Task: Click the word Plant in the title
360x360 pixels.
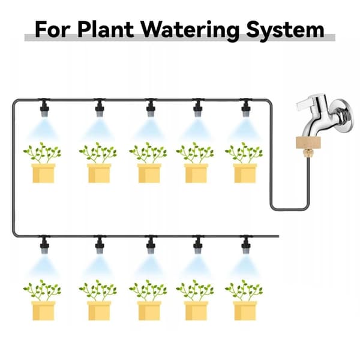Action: [106, 29]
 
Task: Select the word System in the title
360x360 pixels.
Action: [285, 31]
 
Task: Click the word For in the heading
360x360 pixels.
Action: [52, 29]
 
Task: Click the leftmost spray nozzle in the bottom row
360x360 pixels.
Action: [44, 245]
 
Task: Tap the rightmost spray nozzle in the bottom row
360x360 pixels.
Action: [246, 245]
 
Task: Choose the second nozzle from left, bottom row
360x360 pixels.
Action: [100, 245]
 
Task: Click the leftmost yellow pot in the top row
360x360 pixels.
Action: [43, 173]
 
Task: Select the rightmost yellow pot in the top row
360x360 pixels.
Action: [245, 173]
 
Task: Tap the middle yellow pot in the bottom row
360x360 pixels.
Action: [149, 311]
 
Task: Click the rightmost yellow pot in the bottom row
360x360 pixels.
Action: [245, 311]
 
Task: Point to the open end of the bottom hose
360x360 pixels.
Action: [278, 236]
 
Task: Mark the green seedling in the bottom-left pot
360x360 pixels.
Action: [43, 290]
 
